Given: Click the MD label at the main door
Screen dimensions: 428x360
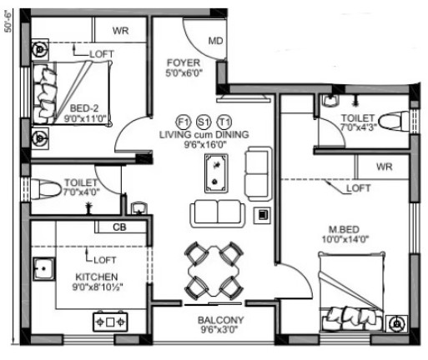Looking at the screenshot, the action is [216, 41].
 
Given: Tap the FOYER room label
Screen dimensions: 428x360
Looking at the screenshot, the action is [184, 62].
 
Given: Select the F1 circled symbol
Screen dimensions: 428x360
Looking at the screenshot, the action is [184, 122].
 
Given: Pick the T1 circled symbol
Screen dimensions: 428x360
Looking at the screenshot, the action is [224, 122].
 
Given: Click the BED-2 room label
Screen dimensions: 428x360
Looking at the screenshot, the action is [84, 108].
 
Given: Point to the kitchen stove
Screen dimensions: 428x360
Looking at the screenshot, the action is [110, 322].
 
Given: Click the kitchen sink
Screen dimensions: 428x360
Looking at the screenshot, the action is [44, 269].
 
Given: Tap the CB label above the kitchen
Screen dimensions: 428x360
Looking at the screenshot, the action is [119, 227].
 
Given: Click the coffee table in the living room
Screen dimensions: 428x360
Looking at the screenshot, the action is [216, 173].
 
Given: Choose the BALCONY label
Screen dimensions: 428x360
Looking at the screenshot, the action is [221, 320].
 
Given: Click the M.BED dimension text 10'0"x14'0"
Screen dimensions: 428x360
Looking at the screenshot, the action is [345, 239].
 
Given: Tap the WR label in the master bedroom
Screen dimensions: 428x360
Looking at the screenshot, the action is [385, 167].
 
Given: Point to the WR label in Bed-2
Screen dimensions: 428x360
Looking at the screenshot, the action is [120, 31].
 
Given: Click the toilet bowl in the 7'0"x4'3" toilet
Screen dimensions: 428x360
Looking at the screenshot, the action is [394, 121].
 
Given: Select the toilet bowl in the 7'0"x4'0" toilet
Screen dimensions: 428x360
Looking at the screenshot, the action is [46, 189].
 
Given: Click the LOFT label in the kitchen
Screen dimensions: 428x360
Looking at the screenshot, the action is [104, 260].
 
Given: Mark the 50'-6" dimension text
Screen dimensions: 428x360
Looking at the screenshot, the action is [8, 22].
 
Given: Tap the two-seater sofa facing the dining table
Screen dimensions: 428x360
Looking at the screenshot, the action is [218, 213].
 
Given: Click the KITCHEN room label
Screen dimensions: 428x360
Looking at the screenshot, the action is [97, 277].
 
